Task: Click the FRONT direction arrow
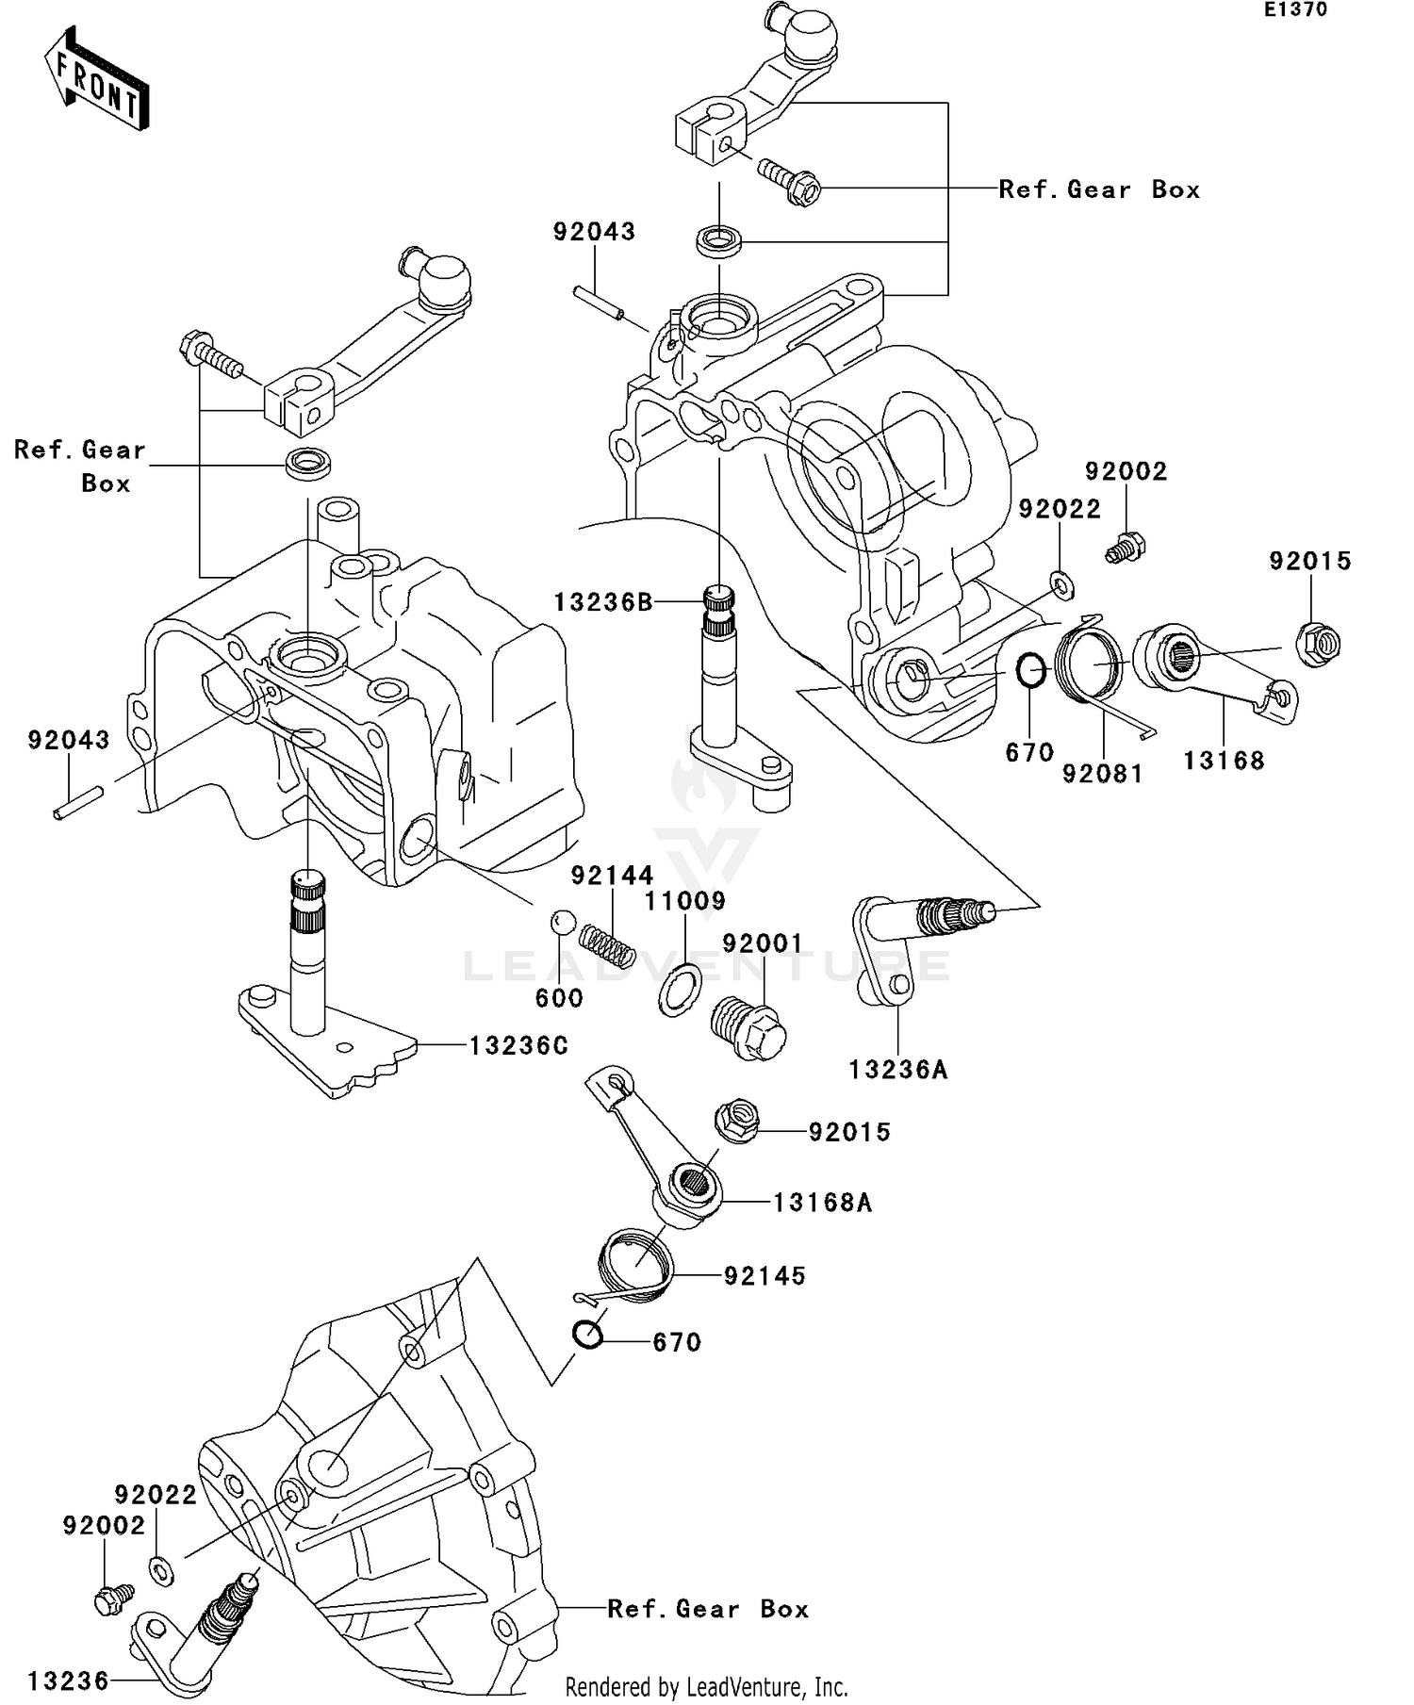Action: [97, 80]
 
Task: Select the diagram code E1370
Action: [1295, 10]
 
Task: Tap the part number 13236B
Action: [603, 602]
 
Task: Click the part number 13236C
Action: [518, 1045]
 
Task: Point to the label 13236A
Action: [897, 1070]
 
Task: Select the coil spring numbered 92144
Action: [606, 944]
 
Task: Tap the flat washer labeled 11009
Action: [679, 991]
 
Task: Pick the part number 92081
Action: [1102, 774]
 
